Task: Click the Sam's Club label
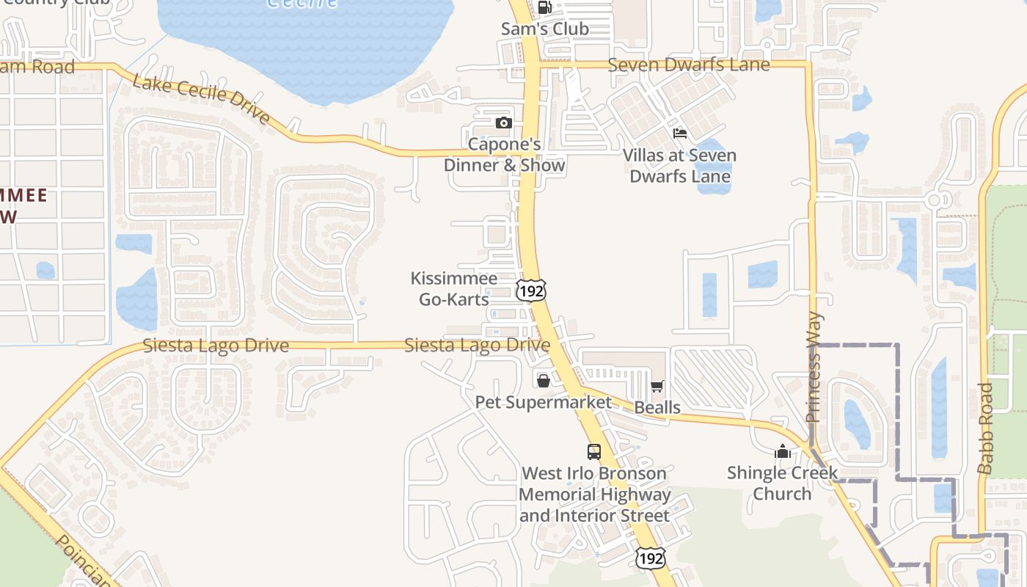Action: [544, 29]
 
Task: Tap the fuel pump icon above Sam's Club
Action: [544, 8]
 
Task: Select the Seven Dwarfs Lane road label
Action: [689, 65]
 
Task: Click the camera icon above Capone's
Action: [503, 123]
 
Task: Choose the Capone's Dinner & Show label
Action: [505, 155]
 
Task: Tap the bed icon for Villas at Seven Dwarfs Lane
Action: [680, 134]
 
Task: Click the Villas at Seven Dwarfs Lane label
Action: [680, 166]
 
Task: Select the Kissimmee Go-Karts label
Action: [454, 288]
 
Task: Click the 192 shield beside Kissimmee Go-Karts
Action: [530, 291]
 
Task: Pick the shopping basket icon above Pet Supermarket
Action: [543, 381]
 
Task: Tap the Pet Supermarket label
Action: [543, 402]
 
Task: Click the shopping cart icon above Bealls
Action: [657, 386]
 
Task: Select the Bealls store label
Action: [657, 407]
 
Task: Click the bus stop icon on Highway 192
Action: [594, 451]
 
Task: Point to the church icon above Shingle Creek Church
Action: [782, 451]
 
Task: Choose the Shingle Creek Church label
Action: [782, 483]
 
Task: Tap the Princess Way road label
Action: [814, 368]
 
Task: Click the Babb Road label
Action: [986, 428]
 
